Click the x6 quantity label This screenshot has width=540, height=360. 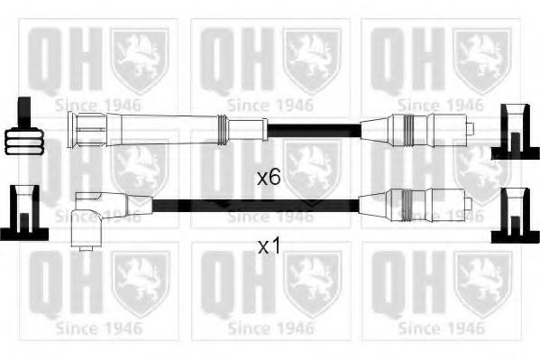(x=269, y=177)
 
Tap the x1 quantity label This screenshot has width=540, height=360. (x=270, y=246)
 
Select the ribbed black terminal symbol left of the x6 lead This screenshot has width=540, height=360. (x=24, y=125)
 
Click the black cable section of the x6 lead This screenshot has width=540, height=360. (x=314, y=130)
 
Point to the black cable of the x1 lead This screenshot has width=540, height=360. (x=255, y=206)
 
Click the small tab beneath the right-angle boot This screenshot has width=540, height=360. (x=87, y=248)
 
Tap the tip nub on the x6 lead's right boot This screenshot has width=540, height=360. (x=470, y=129)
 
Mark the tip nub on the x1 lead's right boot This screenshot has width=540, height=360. (x=468, y=203)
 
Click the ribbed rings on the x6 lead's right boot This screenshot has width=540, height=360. (x=408, y=129)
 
